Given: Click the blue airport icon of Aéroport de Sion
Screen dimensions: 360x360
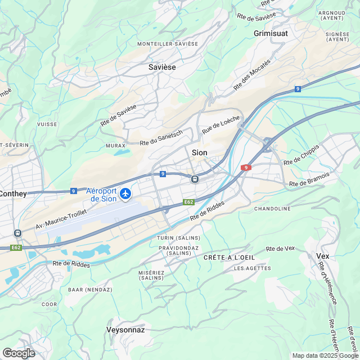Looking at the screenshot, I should [124, 194].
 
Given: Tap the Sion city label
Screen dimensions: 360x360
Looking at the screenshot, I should [200, 152].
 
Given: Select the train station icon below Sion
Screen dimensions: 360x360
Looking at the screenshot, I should [195, 179].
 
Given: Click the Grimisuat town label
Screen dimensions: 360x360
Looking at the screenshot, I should [271, 34].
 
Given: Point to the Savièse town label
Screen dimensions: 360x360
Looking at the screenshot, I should [162, 67].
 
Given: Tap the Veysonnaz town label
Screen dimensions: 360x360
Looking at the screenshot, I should [125, 330].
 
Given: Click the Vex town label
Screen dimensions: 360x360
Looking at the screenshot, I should [323, 256].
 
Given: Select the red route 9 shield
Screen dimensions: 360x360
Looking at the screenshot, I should [245, 168].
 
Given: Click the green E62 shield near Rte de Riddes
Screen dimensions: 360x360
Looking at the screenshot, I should [188, 202].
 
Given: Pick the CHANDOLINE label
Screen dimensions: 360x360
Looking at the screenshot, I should [273, 209].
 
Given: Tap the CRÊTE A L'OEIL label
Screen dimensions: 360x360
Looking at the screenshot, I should [223, 257].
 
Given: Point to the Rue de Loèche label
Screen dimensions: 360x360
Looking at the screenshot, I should [221, 124].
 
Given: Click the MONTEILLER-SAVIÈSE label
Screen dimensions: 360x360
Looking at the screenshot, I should [168, 43].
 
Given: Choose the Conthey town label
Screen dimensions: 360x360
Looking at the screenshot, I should [12, 193].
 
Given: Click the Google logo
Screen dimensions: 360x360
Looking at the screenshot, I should [19, 353].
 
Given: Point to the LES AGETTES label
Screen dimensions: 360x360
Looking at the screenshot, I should [247, 268].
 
